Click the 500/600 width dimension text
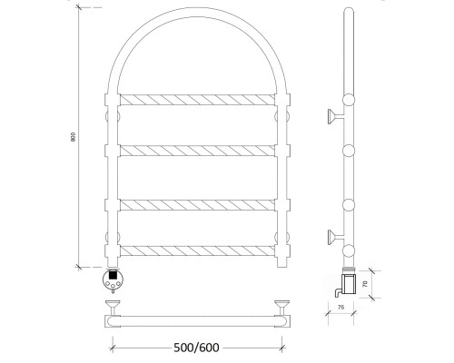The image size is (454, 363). pyautogui.click(x=196, y=348)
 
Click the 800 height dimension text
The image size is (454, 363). pyautogui.click(x=73, y=137)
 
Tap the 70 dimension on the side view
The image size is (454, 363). pyautogui.click(x=365, y=284)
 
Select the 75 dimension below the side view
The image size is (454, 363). pyautogui.click(x=340, y=308)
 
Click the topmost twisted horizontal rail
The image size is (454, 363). pyautogui.click(x=197, y=100)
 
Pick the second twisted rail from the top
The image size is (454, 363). pyautogui.click(x=197, y=151)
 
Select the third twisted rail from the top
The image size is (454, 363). pyautogui.click(x=197, y=205)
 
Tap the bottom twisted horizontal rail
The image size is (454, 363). pyautogui.click(x=197, y=251)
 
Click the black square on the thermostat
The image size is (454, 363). pyautogui.click(x=113, y=275)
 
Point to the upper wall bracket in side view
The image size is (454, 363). pyautogui.click(x=335, y=116)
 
